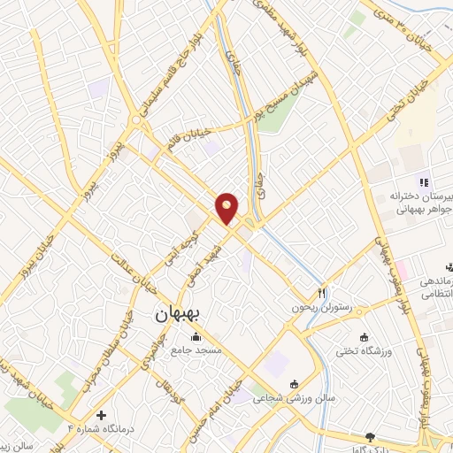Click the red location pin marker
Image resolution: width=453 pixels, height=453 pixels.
pos(227,208)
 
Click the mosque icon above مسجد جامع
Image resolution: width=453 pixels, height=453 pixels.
pos(195,337)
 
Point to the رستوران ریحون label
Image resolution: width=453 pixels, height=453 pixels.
pos(323,308)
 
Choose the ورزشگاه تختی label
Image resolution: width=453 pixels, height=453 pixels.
pos(364,351)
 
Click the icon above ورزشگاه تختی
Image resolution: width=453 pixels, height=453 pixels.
pos(364,337)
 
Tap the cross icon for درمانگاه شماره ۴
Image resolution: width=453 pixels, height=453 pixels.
pos(102,414)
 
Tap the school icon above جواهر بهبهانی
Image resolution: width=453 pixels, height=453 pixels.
pos(423,181)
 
